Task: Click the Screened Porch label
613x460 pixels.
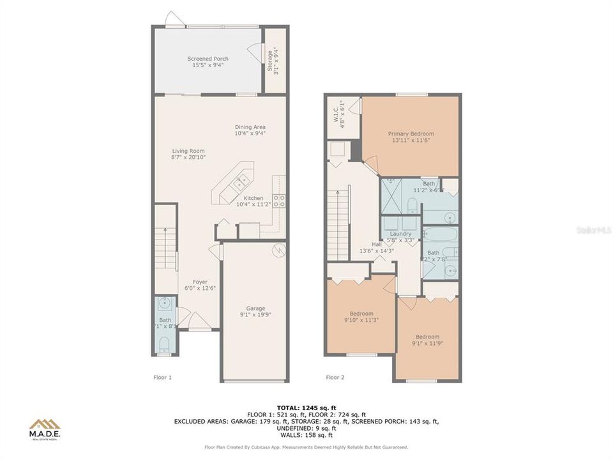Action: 208,59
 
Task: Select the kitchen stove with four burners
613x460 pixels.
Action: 279,202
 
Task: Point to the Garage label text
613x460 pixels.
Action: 256,308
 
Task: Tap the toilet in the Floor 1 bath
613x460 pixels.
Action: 165,345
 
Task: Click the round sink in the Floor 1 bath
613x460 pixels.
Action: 165,302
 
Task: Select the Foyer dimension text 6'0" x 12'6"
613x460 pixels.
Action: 200,288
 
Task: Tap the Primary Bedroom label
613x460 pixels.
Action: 411,134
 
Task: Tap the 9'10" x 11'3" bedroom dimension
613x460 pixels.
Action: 361,320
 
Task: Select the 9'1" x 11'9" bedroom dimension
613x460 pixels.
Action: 427,344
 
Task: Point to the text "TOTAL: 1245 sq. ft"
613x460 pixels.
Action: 306,407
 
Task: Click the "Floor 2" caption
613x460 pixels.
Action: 335,378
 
